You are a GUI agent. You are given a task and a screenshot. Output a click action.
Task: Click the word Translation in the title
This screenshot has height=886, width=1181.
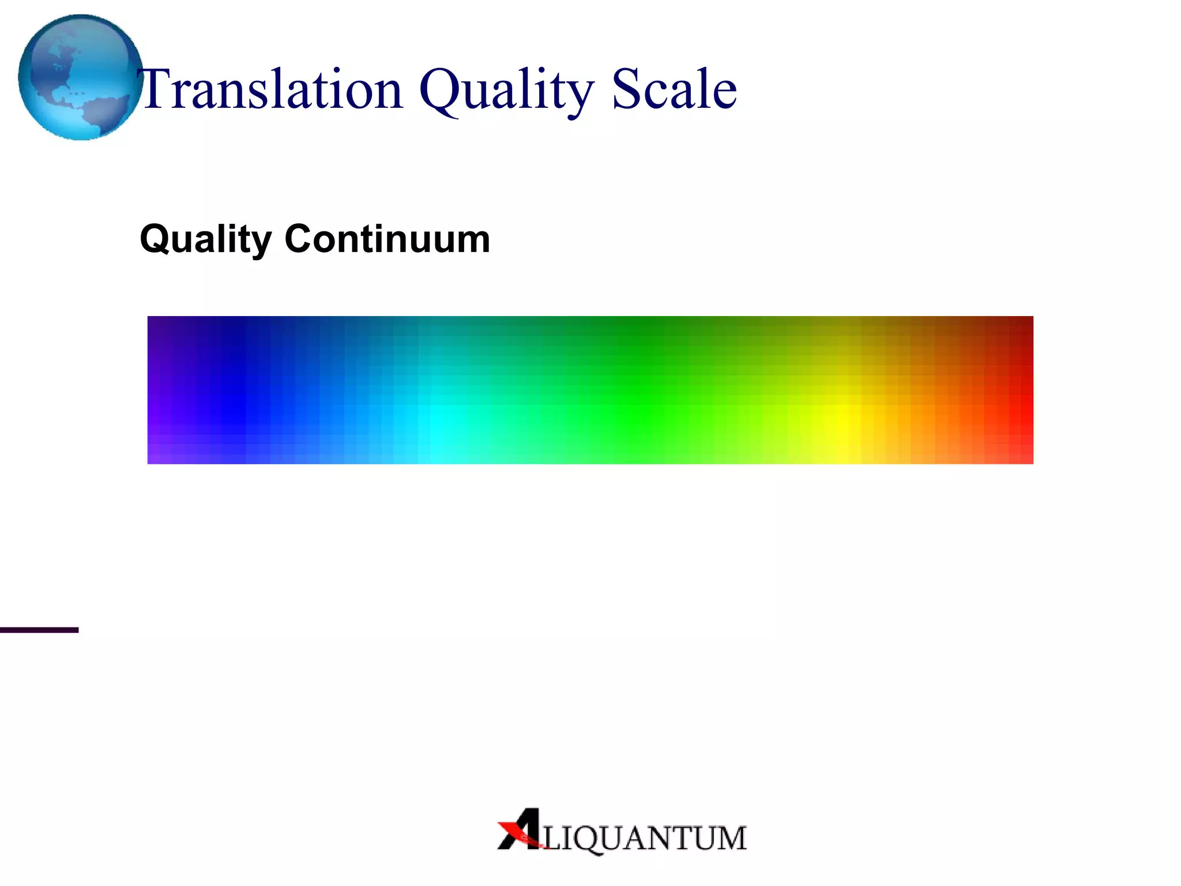pos(271,89)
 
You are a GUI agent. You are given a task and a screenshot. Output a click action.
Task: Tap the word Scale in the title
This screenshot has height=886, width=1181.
pos(674,89)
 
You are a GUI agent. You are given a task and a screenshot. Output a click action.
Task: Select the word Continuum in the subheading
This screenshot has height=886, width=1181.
pos(387,239)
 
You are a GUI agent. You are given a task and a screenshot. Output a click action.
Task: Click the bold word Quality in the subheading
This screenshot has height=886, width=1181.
pos(205,239)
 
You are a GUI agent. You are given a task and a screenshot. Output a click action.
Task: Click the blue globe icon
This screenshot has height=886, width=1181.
pos(80,77)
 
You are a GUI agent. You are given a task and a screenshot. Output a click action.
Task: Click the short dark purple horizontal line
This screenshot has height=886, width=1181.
pos(39,630)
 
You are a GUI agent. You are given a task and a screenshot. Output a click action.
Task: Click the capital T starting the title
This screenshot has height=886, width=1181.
pos(156,89)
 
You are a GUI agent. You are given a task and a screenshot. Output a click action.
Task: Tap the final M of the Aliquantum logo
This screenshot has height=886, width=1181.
pos(729,839)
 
